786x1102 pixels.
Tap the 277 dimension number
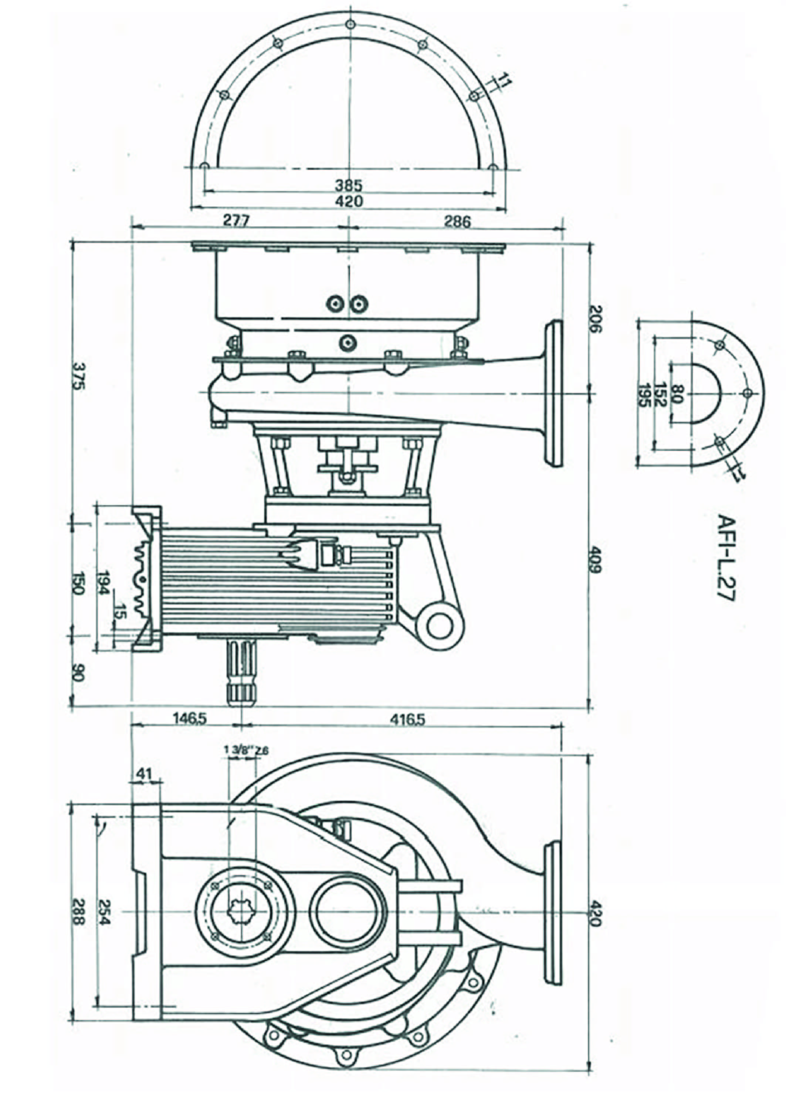pos(236,221)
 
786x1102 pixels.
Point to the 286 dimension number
pos(457,221)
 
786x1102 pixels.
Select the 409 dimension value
pos(595,560)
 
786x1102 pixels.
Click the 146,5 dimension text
pos(190,719)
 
